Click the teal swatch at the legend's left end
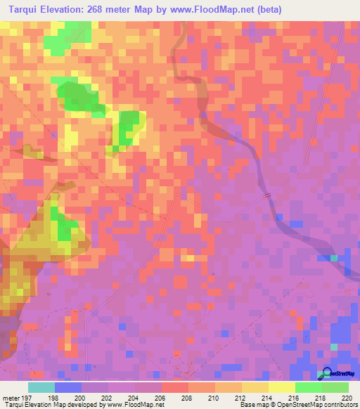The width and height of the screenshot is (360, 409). [41, 387]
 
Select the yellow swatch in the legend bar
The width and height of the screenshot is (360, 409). [282, 387]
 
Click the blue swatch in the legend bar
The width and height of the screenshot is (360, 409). [68, 387]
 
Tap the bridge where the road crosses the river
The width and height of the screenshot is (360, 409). [268, 195]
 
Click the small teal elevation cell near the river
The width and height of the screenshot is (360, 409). [333, 258]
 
